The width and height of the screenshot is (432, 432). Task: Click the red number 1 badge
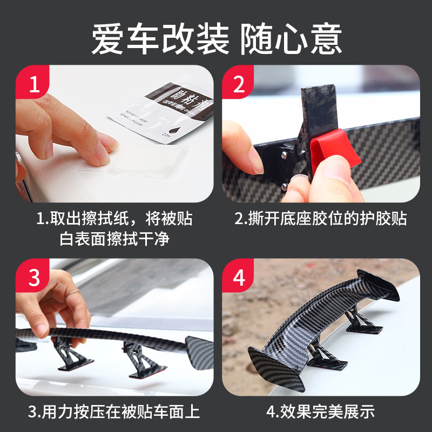click(x=33, y=85)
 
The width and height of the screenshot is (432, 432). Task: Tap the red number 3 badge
click(x=33, y=278)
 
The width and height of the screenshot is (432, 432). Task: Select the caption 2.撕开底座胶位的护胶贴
click(x=320, y=219)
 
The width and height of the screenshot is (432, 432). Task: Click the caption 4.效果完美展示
click(x=320, y=412)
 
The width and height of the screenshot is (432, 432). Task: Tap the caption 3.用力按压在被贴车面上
click(x=114, y=412)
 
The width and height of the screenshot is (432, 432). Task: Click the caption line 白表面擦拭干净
click(x=114, y=238)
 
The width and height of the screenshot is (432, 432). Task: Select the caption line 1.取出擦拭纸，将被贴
click(x=114, y=219)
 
